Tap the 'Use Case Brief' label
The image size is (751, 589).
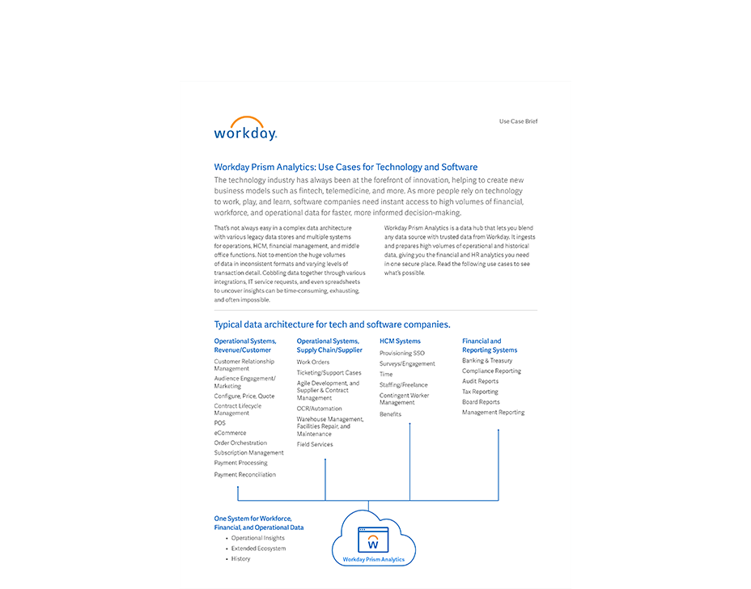click(x=518, y=121)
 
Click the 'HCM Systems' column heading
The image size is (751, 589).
click(x=400, y=341)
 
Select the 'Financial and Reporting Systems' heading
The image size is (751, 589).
click(x=489, y=345)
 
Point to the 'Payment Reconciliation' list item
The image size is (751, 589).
click(x=244, y=475)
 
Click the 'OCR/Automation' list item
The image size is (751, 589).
click(x=319, y=409)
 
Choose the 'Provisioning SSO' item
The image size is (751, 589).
click(x=401, y=354)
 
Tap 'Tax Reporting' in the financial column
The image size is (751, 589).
click(x=480, y=392)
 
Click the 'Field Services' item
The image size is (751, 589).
click(x=315, y=444)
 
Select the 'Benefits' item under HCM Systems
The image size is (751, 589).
click(x=390, y=414)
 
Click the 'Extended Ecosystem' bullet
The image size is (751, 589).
click(x=258, y=549)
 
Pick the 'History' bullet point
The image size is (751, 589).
click(x=240, y=559)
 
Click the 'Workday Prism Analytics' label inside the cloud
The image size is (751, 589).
click(x=373, y=559)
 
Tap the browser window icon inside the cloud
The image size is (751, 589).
click(x=373, y=540)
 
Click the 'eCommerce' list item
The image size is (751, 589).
click(x=230, y=433)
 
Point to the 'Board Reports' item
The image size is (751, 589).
click(x=481, y=402)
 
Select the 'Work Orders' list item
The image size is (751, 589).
click(x=313, y=362)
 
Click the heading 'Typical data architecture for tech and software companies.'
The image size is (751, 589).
click(x=332, y=324)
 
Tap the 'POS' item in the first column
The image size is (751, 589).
click(x=220, y=423)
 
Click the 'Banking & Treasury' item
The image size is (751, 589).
click(x=487, y=361)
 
